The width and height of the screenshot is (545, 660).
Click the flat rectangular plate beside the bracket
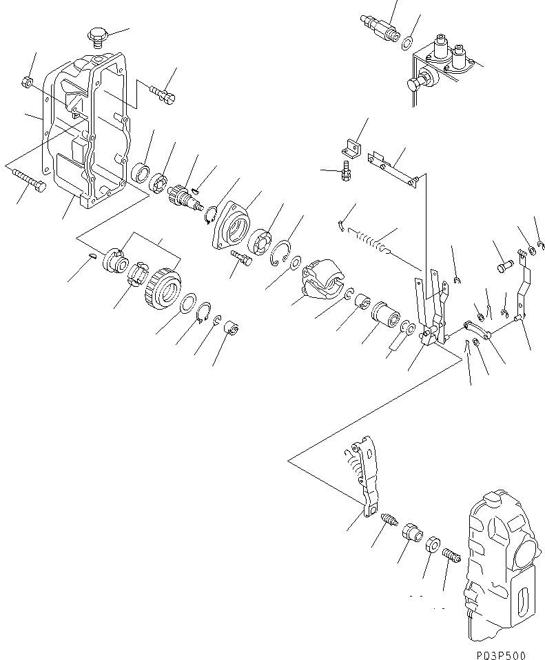point(393,168)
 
